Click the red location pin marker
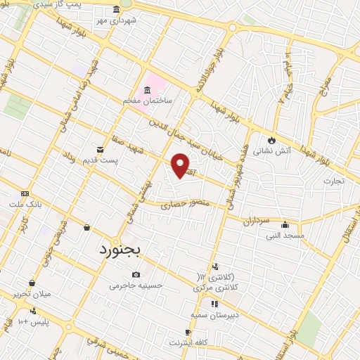coord(181,165)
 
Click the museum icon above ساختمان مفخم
coord(148,90)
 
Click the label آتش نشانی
coord(270,150)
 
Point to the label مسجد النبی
coord(284,236)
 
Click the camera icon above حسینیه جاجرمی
coord(136,274)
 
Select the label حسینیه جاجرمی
coord(141,286)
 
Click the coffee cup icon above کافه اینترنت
coord(188,333)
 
